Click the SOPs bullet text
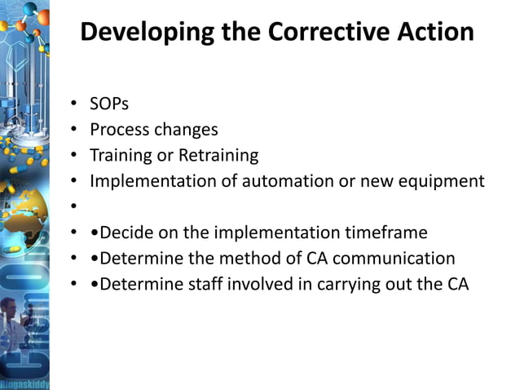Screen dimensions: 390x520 tap(109, 104)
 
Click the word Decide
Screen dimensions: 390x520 tap(127, 233)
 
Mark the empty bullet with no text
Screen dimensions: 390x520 tap(73, 207)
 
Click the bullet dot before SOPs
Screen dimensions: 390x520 tap(73, 104)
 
